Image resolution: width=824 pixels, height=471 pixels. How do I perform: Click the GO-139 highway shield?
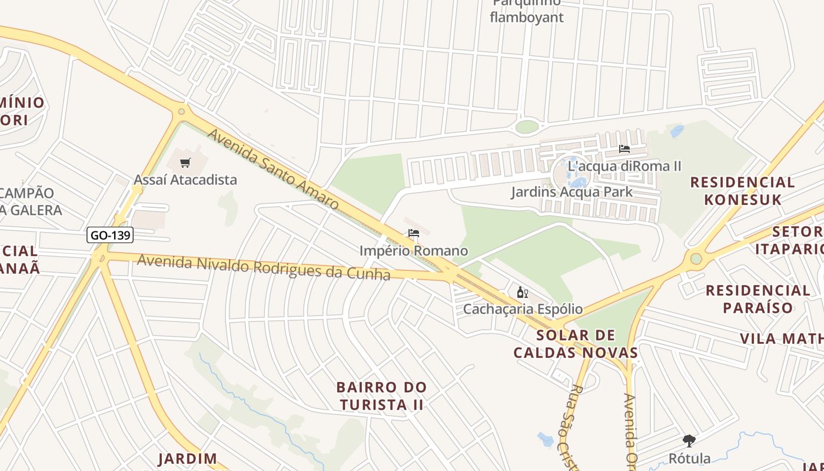pos(110,235)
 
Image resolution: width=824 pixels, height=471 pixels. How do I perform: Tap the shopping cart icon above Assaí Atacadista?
pos(185,162)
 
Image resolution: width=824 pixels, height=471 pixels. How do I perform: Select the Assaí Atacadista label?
pos(185,180)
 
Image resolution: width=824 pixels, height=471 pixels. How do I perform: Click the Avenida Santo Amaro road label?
pos(273,170)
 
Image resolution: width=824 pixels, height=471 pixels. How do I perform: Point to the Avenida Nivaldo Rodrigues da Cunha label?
pos(264,267)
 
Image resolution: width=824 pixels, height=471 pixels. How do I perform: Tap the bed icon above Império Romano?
pos(414,233)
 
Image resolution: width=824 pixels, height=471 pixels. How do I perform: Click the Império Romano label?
pos(414,251)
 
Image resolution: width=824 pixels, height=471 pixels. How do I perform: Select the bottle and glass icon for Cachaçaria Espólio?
pos(522,292)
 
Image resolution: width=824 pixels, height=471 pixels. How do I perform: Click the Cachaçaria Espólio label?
pos(523,309)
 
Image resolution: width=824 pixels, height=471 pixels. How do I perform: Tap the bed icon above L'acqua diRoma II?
pos(624,149)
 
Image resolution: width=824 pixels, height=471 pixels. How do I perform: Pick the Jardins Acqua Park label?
pos(572,191)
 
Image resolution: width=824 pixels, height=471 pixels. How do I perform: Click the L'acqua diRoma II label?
pos(624,166)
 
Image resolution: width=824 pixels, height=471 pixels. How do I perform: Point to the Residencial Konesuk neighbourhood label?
pos(743,190)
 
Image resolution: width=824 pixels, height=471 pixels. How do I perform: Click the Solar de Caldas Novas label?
pos(576,344)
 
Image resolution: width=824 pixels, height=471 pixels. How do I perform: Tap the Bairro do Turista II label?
pos(381,396)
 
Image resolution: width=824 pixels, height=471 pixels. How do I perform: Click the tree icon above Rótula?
pos(689,440)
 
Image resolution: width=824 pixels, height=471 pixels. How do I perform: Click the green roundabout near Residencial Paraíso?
pos(696,258)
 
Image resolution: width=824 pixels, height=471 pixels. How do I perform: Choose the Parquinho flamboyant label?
pos(526,12)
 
